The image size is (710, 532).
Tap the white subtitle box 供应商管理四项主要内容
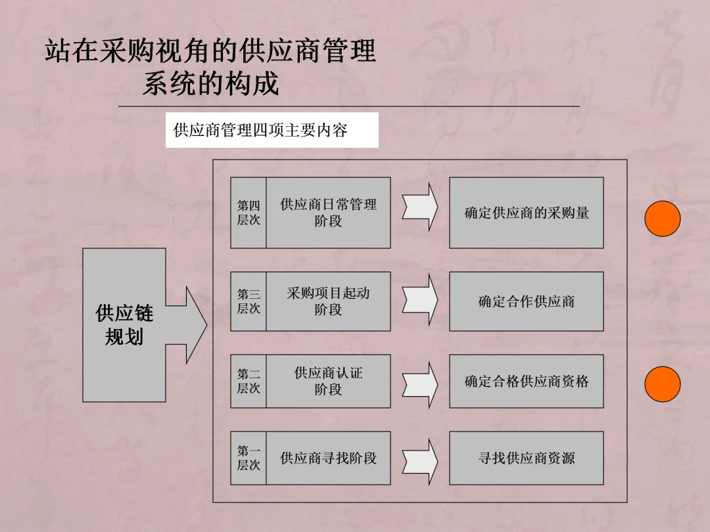tap(272, 130)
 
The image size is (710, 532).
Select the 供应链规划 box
tap(124, 324)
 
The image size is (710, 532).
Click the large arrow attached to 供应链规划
tap(191, 324)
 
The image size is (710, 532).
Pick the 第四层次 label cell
tap(248, 213)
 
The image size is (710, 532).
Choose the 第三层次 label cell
tap(248, 301)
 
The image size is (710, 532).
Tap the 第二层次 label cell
tap(248, 381)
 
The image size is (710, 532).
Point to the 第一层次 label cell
tap(248, 458)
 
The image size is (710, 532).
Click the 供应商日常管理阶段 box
tap(328, 213)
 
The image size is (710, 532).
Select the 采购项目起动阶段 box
tap(328, 301)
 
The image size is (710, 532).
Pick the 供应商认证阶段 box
tap(328, 381)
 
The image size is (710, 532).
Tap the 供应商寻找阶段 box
tap(328, 458)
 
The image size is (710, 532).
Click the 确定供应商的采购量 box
tap(526, 213)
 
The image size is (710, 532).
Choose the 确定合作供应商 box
tap(526, 301)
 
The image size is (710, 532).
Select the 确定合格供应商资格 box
tap(526, 381)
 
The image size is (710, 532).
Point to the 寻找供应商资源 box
tap(526, 458)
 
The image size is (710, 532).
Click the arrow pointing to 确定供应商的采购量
tap(421, 207)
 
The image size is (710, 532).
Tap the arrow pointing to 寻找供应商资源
tap(421, 457)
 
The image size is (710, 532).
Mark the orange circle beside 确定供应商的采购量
tap(662, 219)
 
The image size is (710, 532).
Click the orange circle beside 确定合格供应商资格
tap(662, 384)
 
